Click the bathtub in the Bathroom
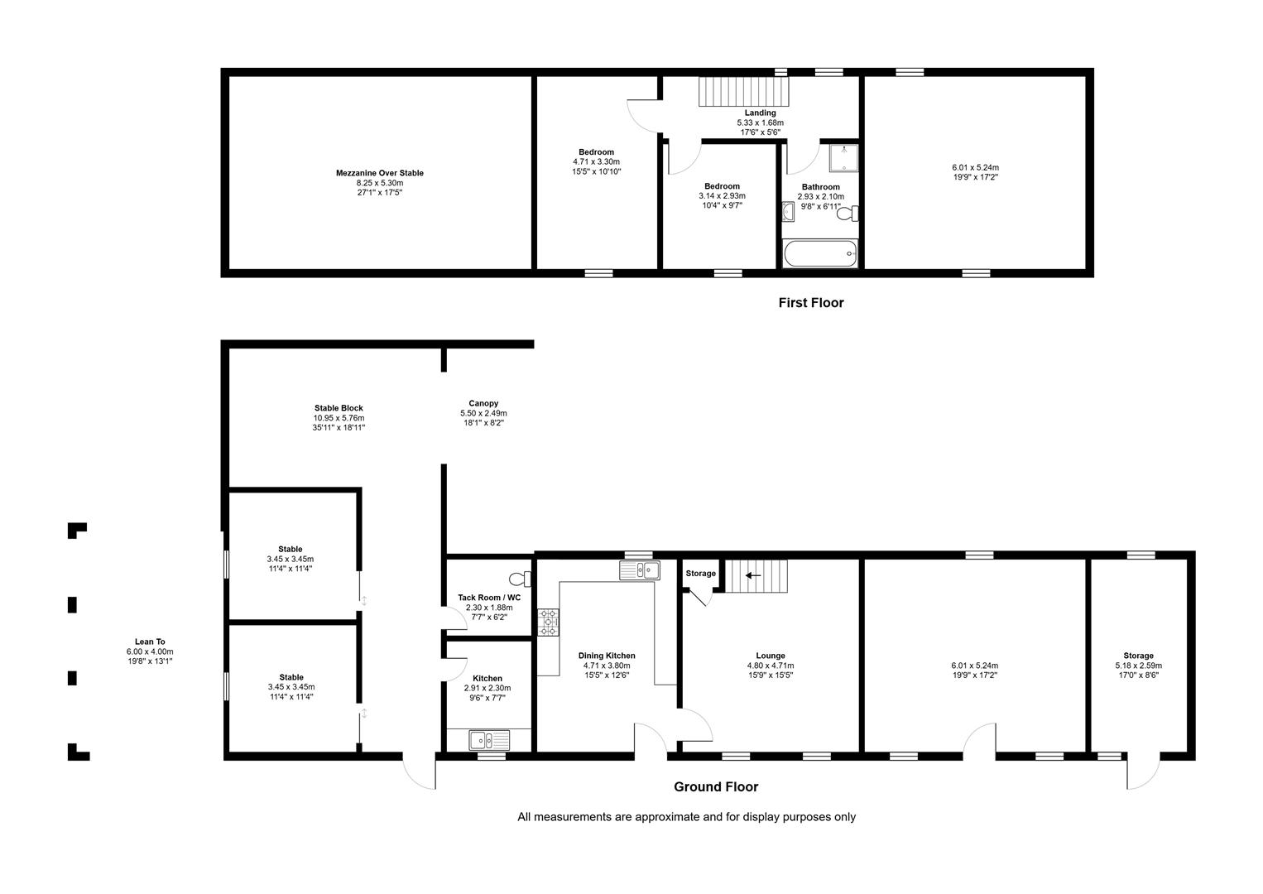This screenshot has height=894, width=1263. (x=820, y=253)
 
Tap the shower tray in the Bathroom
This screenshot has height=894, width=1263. (x=843, y=158)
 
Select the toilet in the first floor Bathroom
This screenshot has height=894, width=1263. (x=848, y=214)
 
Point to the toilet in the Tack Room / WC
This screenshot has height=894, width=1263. (x=520, y=579)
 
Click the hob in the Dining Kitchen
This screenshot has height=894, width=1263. (x=548, y=622)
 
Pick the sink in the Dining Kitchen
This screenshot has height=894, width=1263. (x=640, y=570)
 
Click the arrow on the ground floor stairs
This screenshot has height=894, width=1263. (x=753, y=575)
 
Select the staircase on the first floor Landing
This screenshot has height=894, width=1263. (x=744, y=91)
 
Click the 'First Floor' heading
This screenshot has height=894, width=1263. (x=811, y=303)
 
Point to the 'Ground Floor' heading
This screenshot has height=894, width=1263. (x=716, y=787)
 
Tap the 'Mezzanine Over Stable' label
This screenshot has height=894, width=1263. (x=379, y=173)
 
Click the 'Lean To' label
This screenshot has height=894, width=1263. (x=150, y=642)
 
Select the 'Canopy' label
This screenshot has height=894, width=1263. (x=483, y=403)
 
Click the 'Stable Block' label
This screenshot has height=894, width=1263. (x=339, y=408)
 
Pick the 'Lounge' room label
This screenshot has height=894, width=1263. (x=771, y=656)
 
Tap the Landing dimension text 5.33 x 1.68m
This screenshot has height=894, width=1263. (x=760, y=123)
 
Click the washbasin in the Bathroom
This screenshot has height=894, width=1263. (x=788, y=212)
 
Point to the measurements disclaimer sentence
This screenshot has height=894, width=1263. (x=686, y=817)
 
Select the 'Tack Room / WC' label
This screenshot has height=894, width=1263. (x=489, y=598)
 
